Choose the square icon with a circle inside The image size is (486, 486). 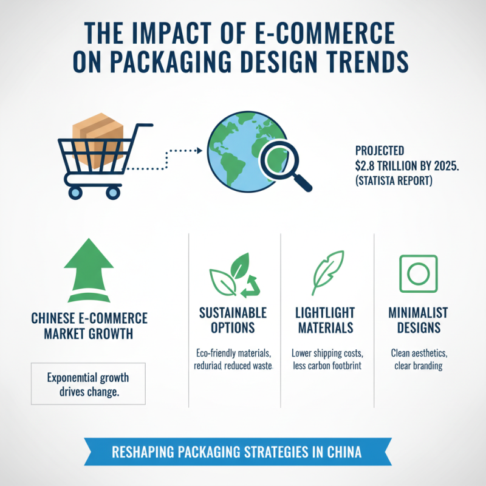click(x=417, y=273)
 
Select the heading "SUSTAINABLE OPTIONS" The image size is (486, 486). click(x=233, y=320)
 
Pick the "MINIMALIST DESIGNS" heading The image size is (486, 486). click(x=417, y=320)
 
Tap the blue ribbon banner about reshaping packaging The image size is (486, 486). click(x=243, y=452)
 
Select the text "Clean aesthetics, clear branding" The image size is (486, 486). click(x=417, y=359)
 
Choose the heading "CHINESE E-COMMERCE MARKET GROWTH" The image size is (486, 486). click(x=88, y=326)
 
